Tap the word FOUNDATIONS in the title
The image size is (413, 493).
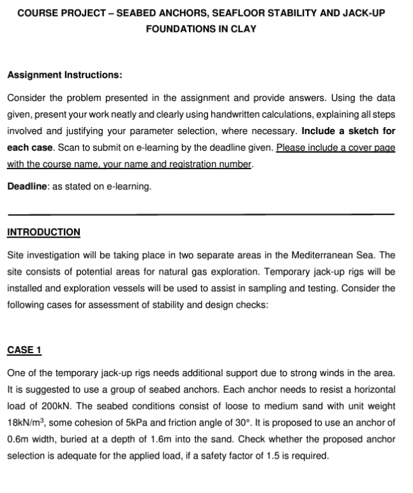coord(179,29)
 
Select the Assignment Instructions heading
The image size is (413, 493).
coord(64,75)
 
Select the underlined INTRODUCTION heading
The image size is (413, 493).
coord(43,232)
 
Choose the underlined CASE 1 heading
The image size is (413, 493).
coord(24,349)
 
